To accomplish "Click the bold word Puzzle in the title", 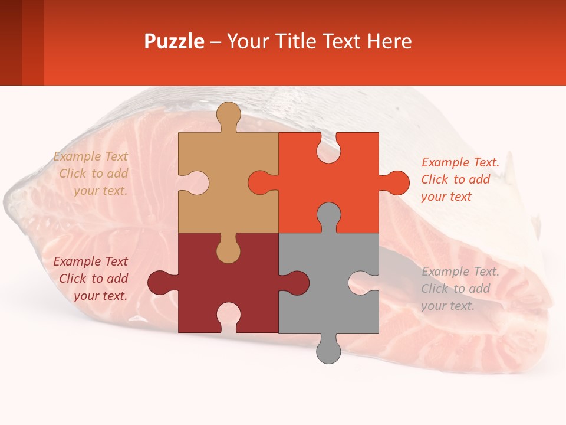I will (x=174, y=41).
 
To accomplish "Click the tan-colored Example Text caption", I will (x=92, y=174).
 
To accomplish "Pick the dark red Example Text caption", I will (x=92, y=279).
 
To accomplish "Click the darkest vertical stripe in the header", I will (x=11, y=42).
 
